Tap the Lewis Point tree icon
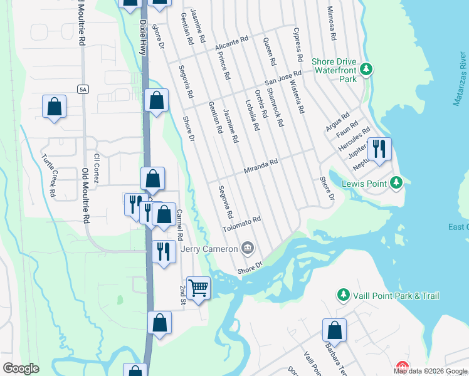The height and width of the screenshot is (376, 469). pos(396,183)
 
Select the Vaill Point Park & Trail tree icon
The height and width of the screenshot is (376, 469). pos(343,295)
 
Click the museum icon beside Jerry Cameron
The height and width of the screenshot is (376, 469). pos(248,249)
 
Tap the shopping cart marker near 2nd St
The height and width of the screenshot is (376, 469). pos(199,288)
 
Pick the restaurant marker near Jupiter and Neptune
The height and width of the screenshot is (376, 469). pos(379,149)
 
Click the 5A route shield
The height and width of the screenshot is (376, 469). pos(83,90)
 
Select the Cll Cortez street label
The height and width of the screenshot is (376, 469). pos(97,168)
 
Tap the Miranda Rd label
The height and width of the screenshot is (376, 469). pos(261,167)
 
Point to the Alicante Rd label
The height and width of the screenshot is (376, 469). pos(232,43)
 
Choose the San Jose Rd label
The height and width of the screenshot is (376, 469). pos(283,78)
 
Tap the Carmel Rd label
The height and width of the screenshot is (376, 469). pos(179,224)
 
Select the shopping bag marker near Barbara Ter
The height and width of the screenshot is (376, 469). pos(335,330)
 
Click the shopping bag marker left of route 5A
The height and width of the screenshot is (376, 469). pos(55,107)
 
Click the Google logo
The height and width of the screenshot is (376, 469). pos(21,368)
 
